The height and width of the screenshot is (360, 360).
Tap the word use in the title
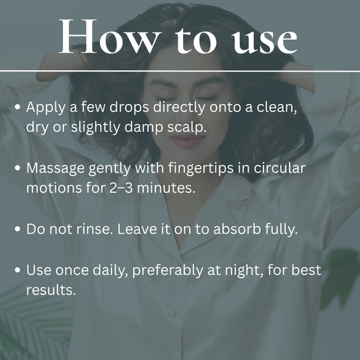tap(264, 41)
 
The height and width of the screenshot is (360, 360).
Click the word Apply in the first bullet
tap(45, 107)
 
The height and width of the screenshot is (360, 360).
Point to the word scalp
tap(186, 127)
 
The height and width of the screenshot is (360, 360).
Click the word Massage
tap(55, 169)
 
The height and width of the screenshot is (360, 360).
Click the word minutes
tap(165, 188)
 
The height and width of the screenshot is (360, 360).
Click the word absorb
tap(237, 229)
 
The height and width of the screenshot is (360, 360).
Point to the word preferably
tap(168, 270)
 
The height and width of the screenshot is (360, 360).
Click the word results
tap(51, 290)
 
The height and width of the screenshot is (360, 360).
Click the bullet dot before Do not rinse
tap(18, 229)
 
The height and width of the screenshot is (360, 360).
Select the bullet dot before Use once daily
tap(18, 270)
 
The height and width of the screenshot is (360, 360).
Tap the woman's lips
tap(188, 140)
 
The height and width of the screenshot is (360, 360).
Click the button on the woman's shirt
tap(172, 313)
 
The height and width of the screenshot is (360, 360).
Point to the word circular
tap(280, 168)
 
